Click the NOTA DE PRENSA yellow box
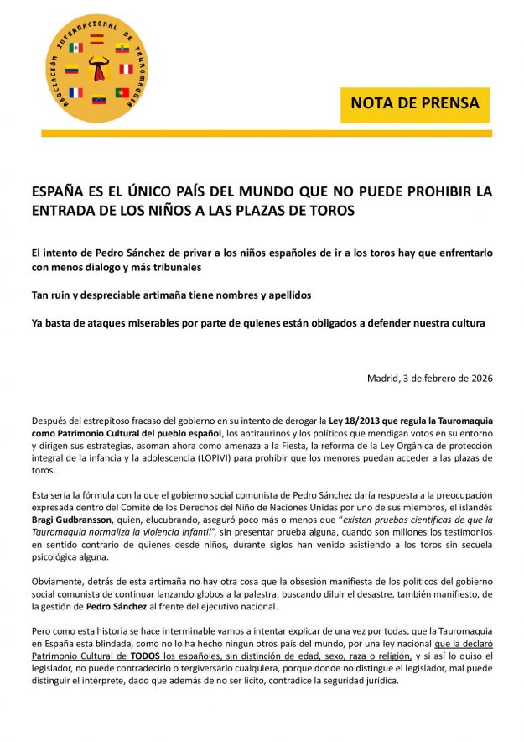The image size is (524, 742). click(x=414, y=104)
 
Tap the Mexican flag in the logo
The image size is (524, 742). click(x=75, y=48)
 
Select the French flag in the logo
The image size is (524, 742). click(x=75, y=92)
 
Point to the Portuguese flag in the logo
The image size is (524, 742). click(x=122, y=92)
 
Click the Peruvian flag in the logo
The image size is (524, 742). click(x=126, y=69)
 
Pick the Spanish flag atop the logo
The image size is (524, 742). click(x=97, y=38)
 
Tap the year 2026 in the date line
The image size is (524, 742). click(x=478, y=378)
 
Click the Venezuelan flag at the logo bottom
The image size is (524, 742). click(x=99, y=101)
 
